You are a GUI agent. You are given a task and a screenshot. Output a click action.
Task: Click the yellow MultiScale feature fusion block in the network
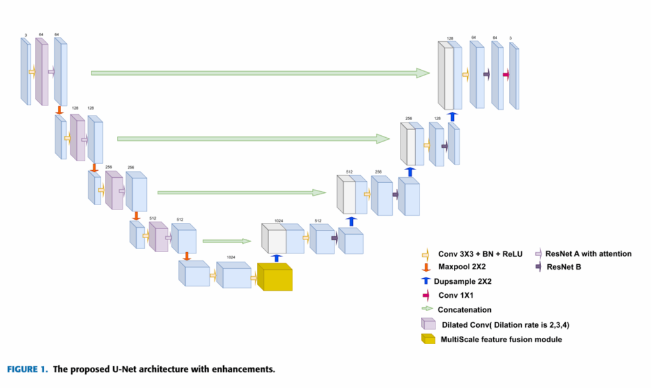pos(274,277)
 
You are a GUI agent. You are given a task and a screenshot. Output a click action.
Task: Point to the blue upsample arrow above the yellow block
pos(276,257)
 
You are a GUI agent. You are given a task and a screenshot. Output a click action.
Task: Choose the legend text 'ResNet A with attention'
pos(589,253)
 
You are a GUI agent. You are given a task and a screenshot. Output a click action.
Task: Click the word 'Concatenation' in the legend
pos(465,310)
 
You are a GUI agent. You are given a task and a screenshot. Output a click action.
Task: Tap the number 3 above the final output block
pos(510,38)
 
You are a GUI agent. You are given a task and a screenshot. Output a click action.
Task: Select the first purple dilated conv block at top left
pos(41,71)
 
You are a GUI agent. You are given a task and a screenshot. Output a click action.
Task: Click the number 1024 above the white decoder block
pos(278,220)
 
